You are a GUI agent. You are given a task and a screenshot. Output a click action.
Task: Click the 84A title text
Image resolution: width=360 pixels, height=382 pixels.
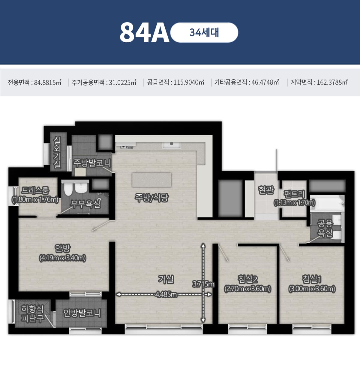pyautogui.click(x=144, y=32)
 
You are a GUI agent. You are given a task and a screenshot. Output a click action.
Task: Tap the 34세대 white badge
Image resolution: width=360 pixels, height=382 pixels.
pyautogui.click(x=204, y=32)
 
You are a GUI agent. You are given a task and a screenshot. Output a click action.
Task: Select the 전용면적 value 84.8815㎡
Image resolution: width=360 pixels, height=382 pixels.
pyautogui.click(x=48, y=82)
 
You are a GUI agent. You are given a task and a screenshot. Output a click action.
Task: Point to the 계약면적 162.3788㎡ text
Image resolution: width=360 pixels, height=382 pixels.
pyautogui.click(x=319, y=82)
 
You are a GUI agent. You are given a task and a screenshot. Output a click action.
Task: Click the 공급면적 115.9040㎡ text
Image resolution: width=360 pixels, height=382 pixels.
pyautogui.click(x=175, y=82)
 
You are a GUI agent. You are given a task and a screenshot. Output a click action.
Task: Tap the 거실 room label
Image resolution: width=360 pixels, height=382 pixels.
pyautogui.click(x=166, y=279)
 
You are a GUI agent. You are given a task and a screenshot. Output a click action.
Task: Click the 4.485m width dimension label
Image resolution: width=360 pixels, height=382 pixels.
pyautogui.click(x=166, y=294)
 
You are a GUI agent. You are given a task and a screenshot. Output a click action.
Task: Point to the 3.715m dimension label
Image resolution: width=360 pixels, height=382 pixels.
pyautogui.click(x=203, y=284)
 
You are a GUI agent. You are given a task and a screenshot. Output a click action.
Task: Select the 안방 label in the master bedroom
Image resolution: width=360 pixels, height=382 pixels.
pyautogui.click(x=63, y=248)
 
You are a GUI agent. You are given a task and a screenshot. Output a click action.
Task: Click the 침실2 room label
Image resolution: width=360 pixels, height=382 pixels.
pyautogui.click(x=247, y=279)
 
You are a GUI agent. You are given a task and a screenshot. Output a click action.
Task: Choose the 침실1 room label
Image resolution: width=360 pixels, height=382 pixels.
pyautogui.click(x=312, y=279)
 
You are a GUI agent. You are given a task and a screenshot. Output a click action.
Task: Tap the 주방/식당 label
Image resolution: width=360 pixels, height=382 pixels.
pyautogui.click(x=151, y=198)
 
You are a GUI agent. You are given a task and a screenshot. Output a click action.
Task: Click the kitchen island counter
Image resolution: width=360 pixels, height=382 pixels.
pyautogui.click(x=151, y=180)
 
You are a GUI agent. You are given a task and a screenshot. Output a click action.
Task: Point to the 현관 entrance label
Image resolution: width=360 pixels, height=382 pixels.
pyautogui.click(x=266, y=190)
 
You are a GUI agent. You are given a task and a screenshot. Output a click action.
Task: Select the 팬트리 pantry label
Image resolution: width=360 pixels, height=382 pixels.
pyautogui.click(x=294, y=194)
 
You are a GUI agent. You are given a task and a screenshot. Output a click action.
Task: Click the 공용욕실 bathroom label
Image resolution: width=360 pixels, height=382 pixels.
pyautogui.click(x=325, y=228)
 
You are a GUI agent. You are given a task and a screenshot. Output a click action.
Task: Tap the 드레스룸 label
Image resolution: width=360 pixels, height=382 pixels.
pyautogui.click(x=35, y=190)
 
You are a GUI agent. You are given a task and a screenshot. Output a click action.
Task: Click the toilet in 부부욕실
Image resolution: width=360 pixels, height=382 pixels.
pyautogui.click(x=68, y=189)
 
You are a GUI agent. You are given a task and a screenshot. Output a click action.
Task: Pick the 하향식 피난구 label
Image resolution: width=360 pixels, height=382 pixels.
pyautogui.click(x=32, y=314)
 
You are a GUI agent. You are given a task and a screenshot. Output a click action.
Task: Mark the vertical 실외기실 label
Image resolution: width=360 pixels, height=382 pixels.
pyautogui.click(x=57, y=152)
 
